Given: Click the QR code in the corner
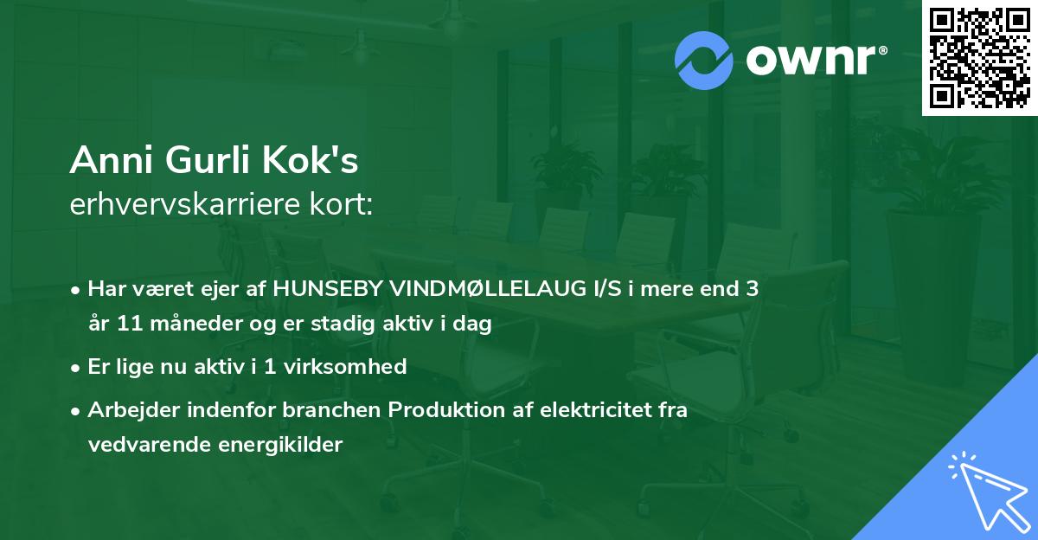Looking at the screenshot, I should click(x=978, y=58).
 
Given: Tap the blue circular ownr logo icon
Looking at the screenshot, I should click(x=704, y=61).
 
